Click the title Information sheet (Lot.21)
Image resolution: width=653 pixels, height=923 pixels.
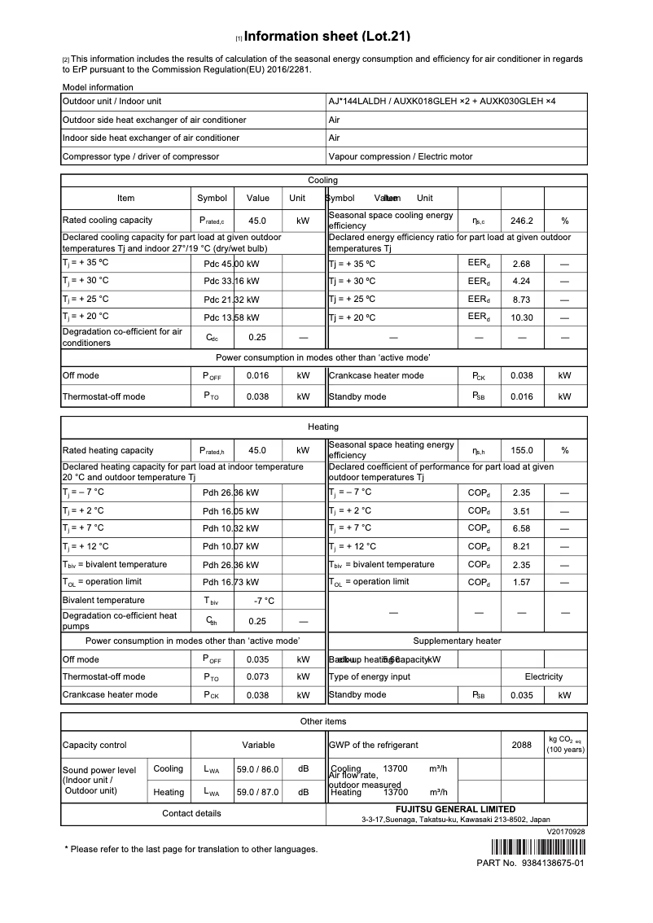pyautogui.click(x=326, y=37)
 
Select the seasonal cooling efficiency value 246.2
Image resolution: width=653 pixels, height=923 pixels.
pyautogui.click(x=521, y=221)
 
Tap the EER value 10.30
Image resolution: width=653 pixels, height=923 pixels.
pyautogui.click(x=521, y=317)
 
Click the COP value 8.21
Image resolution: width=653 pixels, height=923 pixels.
pyautogui.click(x=521, y=547)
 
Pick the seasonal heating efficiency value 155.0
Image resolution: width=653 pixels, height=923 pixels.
pyautogui.click(x=521, y=451)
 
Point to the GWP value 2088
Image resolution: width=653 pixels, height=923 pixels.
pyautogui.click(x=521, y=745)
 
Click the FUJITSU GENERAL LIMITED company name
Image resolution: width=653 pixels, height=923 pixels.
pyautogui.click(x=455, y=809)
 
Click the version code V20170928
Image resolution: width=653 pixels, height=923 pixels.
pyautogui.click(x=566, y=832)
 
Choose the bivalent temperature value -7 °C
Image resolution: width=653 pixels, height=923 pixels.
pyautogui.click(x=264, y=601)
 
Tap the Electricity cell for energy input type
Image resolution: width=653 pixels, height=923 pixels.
pyautogui.click(x=543, y=677)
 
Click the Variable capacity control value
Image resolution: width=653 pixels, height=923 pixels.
pyautogui.click(x=258, y=745)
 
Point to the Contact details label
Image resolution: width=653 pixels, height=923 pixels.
pyautogui.click(x=191, y=813)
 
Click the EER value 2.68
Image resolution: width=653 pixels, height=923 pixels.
pyautogui.click(x=521, y=264)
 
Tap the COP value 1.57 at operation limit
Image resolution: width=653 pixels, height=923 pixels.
pyautogui.click(x=521, y=583)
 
